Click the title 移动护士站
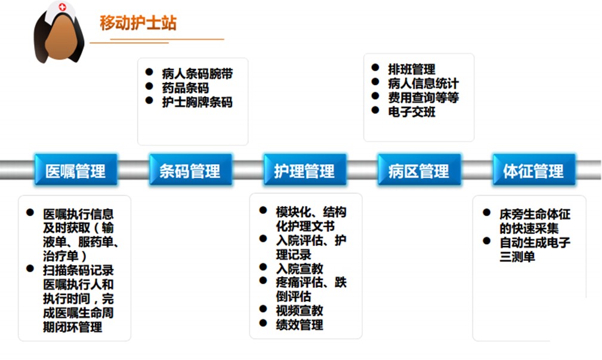click(x=138, y=23)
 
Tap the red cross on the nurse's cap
click(x=63, y=7)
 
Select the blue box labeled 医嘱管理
click(x=76, y=170)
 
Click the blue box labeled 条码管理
click(x=190, y=170)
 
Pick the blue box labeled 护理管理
click(x=305, y=170)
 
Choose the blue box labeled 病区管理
click(x=419, y=170)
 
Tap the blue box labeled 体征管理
click(x=533, y=170)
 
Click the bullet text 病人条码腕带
click(x=197, y=73)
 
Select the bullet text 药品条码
click(x=186, y=88)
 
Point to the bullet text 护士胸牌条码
click(x=197, y=102)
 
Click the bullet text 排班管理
click(x=412, y=69)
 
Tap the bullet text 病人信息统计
click(x=424, y=84)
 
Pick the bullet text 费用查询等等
click(x=424, y=97)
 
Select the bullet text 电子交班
click(x=412, y=112)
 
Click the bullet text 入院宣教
click(x=300, y=268)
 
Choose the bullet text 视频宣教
click(x=300, y=310)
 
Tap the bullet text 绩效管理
click(x=300, y=325)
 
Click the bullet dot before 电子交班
click(x=375, y=110)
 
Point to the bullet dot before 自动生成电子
click(x=487, y=241)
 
